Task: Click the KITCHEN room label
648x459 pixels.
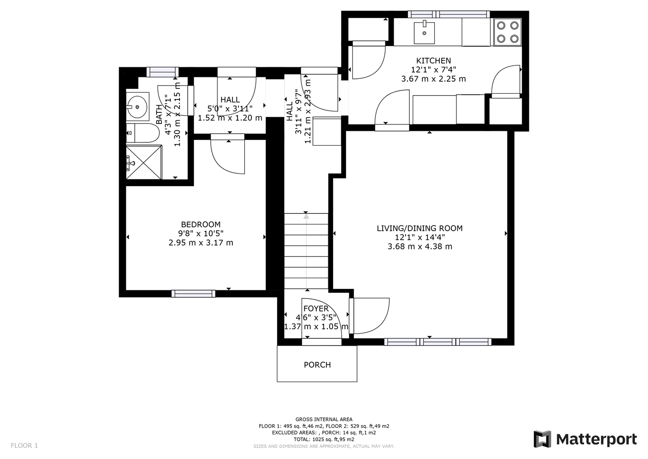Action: [433, 61]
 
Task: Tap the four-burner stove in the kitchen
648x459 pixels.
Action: [507, 32]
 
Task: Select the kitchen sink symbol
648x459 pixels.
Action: [424, 29]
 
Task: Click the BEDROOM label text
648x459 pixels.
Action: [201, 224]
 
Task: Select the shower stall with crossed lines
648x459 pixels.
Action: [144, 161]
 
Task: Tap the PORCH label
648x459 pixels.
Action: [317, 365]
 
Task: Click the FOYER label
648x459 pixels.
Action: [316, 309]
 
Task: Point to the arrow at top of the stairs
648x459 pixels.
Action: [306, 217]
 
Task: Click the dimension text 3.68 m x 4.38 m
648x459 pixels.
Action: [420, 247]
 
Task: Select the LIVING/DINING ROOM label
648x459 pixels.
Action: [420, 228]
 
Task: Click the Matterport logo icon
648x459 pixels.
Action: [542, 439]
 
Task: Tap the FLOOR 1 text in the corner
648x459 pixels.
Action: [24, 446]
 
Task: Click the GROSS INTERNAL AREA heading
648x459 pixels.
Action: [324, 419]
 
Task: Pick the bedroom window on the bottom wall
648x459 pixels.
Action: [193, 294]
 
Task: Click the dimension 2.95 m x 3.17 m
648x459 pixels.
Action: [201, 243]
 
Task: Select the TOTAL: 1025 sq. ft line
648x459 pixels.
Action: [324, 439]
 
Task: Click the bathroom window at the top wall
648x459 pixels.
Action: [162, 72]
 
